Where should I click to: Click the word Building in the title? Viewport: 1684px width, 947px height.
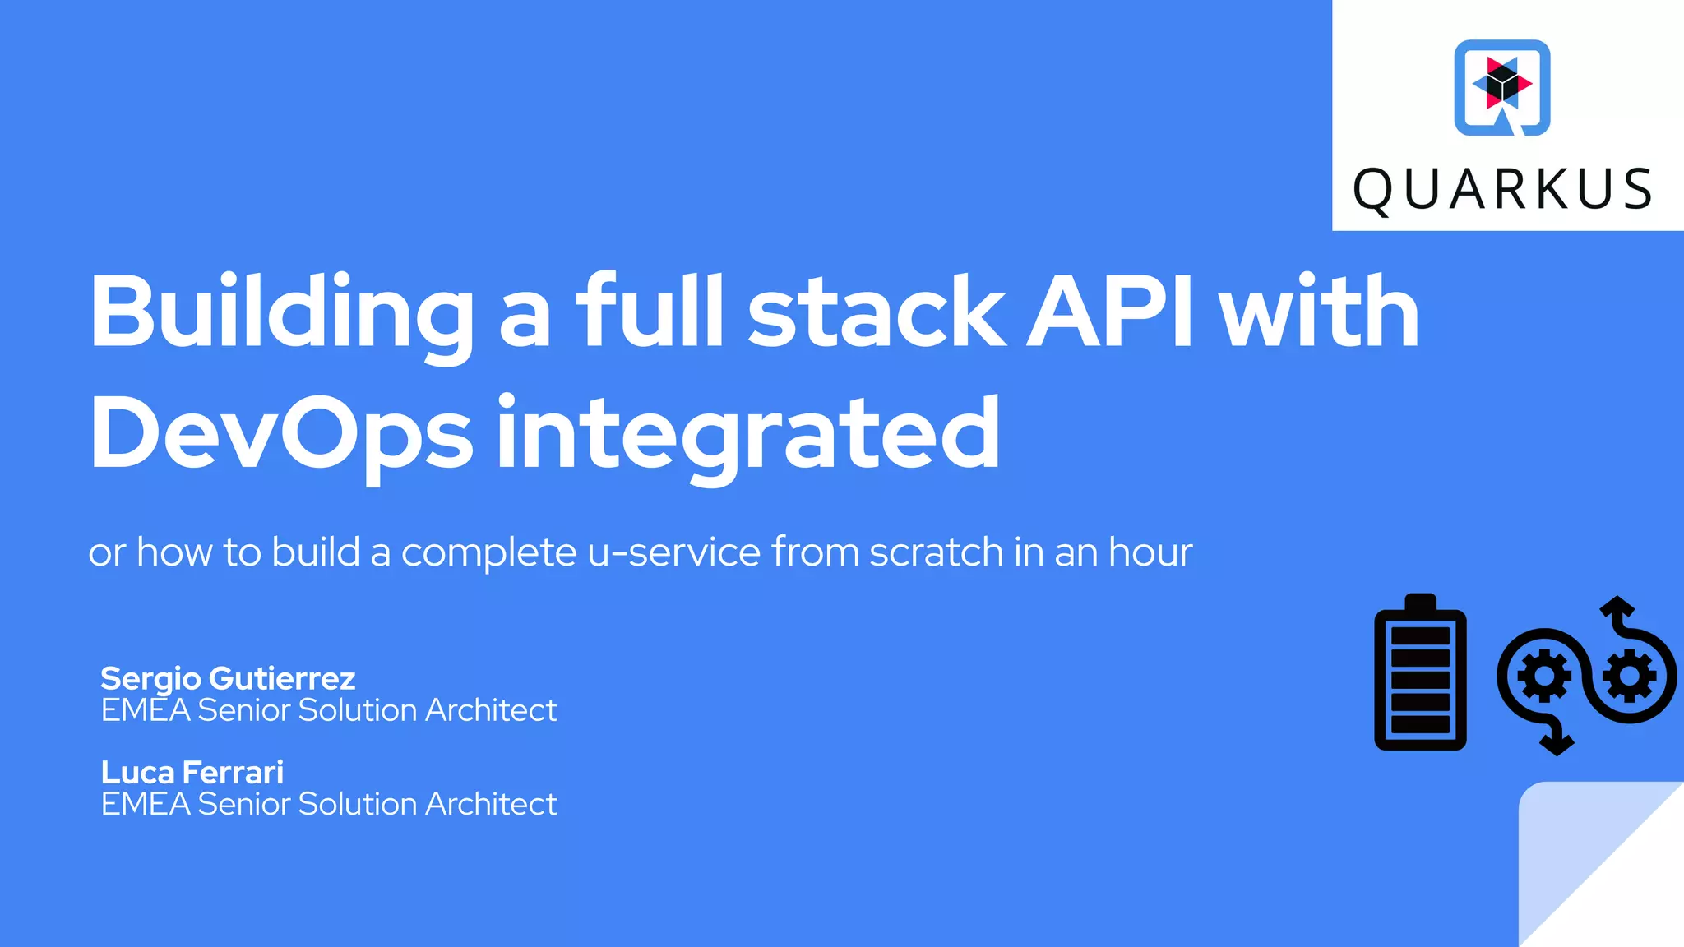[280, 312]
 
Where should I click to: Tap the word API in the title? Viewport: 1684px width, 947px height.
[1110, 312]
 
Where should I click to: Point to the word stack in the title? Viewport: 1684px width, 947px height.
[876, 312]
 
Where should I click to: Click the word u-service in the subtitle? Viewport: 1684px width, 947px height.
[674, 552]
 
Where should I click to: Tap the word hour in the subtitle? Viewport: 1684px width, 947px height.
[1150, 552]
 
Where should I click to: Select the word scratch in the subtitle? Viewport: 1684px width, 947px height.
[937, 552]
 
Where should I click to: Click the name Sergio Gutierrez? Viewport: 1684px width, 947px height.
[228, 679]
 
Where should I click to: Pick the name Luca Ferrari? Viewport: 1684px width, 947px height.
[192, 773]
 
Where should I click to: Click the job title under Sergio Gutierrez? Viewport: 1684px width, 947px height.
[328, 710]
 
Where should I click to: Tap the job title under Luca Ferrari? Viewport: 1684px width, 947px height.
[328, 804]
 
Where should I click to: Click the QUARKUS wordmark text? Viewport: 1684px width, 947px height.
[1502, 190]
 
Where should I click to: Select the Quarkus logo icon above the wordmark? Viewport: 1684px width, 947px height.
[1502, 87]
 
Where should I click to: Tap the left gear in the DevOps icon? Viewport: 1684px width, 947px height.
[1543, 676]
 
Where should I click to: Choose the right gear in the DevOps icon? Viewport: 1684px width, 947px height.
[1630, 676]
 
